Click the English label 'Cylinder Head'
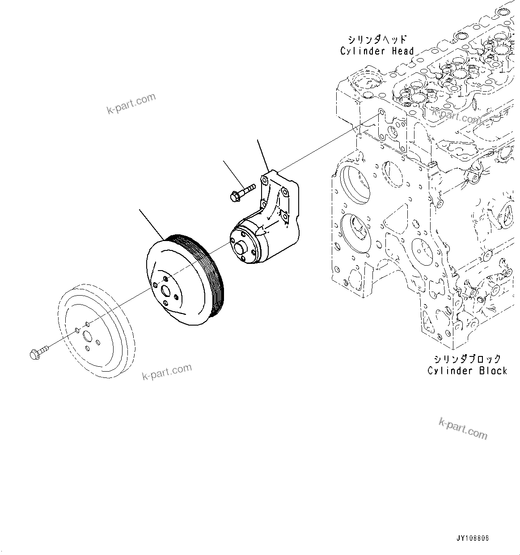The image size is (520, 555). point(377,51)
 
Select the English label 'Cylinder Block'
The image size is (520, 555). point(467,371)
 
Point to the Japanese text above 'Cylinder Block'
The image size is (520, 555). point(467,359)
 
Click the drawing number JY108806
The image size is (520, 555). point(473,538)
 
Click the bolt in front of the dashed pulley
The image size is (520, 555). point(38,353)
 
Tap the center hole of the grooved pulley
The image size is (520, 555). point(166,291)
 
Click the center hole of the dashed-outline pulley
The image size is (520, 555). point(88,338)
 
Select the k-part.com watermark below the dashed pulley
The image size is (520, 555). point(167,372)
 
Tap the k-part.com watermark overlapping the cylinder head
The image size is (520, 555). point(456,116)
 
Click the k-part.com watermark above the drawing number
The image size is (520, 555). point(463,428)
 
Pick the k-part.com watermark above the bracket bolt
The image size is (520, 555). point(131,103)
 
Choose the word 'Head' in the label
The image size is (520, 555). point(403,51)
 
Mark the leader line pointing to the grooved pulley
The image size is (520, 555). point(152,223)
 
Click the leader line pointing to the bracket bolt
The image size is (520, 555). point(234,174)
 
